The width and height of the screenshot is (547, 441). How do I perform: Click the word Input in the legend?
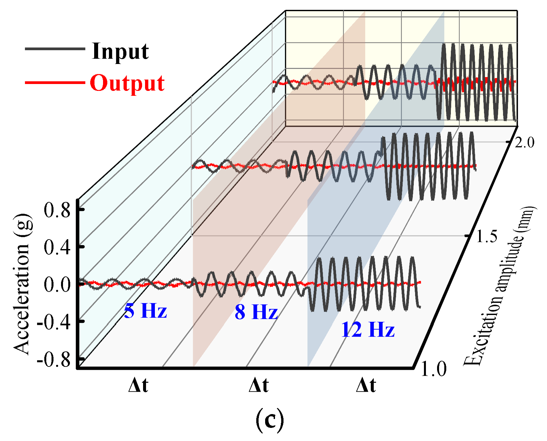[120, 52]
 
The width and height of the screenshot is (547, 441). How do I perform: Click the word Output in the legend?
[127, 83]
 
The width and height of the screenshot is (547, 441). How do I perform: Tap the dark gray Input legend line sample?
[55, 49]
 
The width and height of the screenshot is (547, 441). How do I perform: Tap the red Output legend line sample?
[55, 82]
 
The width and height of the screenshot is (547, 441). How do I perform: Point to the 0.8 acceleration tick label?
[57, 210]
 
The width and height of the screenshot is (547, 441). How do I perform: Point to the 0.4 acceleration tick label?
[57, 247]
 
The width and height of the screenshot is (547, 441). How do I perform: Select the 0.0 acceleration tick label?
[57, 284]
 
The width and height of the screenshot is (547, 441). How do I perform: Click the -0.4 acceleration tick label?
[54, 322]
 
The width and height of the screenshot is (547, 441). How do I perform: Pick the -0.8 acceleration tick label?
[54, 360]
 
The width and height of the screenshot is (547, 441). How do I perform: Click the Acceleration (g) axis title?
[22, 284]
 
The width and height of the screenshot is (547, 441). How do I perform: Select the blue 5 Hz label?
[145, 310]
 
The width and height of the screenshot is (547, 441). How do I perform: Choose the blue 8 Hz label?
[256, 312]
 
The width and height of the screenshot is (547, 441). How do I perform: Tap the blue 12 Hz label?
[368, 329]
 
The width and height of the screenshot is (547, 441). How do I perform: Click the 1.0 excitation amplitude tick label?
[433, 369]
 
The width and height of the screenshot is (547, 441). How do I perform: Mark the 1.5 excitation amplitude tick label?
[487, 236]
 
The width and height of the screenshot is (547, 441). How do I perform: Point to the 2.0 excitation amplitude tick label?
[524, 143]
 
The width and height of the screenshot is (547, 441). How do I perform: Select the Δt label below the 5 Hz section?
[138, 385]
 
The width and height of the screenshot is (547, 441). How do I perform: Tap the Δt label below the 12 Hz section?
[366, 385]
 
